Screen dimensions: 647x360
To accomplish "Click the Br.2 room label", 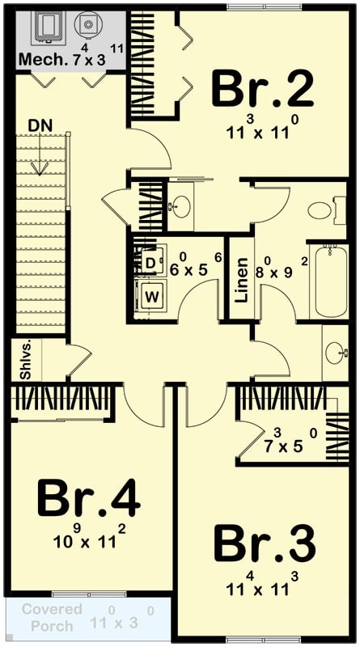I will (262, 89).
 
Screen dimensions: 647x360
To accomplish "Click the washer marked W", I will (151, 297).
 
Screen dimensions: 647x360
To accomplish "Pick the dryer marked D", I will (151, 262).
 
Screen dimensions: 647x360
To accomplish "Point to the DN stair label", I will (41, 126).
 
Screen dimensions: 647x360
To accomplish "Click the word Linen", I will (240, 280).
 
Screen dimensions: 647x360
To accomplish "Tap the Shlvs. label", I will (24, 361).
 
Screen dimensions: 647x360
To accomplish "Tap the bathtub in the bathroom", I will (329, 280).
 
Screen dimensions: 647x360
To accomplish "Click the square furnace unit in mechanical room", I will (48, 27).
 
